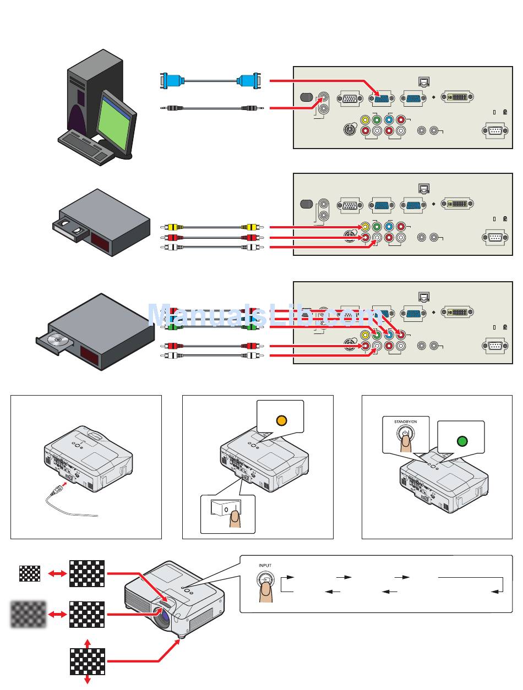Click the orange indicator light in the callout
pyautogui.click(x=281, y=420)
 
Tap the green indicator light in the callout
pyautogui.click(x=462, y=441)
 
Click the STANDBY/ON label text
pyautogui.click(x=405, y=421)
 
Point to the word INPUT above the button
pyautogui.click(x=265, y=565)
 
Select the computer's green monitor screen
pyautogui.click(x=113, y=125)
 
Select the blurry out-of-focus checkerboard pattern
pyautogui.click(x=28, y=614)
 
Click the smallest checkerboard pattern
pyautogui.click(x=30, y=573)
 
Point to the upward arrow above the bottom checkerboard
pyautogui.click(x=88, y=643)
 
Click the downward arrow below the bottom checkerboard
pyautogui.click(x=88, y=680)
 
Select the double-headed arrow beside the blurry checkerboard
pyautogui.click(x=58, y=614)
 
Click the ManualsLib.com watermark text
pyautogui.click(x=265, y=315)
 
